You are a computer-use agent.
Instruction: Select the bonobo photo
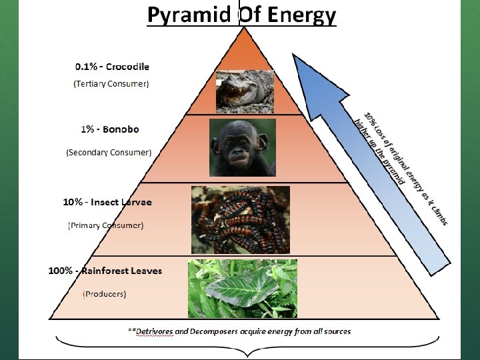pos(242,147)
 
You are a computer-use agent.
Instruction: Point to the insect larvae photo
pos(241,219)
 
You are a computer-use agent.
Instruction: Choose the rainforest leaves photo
pos(242,289)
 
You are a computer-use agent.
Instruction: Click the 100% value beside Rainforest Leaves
pos(61,271)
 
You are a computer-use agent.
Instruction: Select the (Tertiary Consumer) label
pos(111,83)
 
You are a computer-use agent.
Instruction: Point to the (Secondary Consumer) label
pos(109,152)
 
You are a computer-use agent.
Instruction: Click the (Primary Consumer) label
pos(105,225)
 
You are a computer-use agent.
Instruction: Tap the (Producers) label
pos(104,293)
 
